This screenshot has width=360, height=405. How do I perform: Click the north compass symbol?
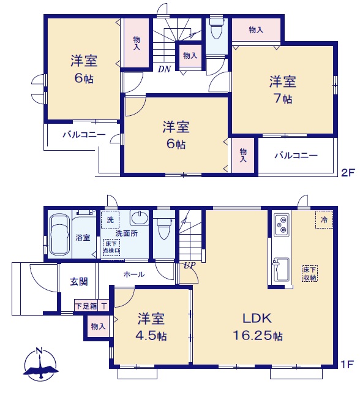click(40, 365)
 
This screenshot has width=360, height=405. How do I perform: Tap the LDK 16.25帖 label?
click(258, 327)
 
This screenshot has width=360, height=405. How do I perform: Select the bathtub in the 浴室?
click(59, 235)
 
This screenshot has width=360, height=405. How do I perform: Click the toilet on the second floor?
click(216, 28)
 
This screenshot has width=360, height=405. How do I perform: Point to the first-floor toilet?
click(163, 227)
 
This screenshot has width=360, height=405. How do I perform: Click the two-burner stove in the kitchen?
click(282, 224)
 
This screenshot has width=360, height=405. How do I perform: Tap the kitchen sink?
click(281, 270)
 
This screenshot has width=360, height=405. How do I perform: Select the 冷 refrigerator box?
click(324, 219)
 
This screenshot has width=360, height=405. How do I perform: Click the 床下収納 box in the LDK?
click(310, 273)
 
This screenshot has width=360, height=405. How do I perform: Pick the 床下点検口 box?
click(111, 247)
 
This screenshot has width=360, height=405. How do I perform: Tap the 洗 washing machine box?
click(110, 220)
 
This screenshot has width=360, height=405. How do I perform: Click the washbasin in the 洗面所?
click(140, 218)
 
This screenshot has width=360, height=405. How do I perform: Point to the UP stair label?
click(190, 265)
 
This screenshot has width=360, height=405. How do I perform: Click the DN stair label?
click(164, 69)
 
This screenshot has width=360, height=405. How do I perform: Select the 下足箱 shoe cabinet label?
click(86, 306)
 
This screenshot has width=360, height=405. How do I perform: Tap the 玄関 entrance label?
click(79, 281)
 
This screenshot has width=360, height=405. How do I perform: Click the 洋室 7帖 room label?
click(283, 89)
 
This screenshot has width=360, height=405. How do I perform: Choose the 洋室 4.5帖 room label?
click(151, 327)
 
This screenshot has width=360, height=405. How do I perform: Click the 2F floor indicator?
click(348, 172)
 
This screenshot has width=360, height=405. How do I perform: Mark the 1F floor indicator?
click(347, 364)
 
